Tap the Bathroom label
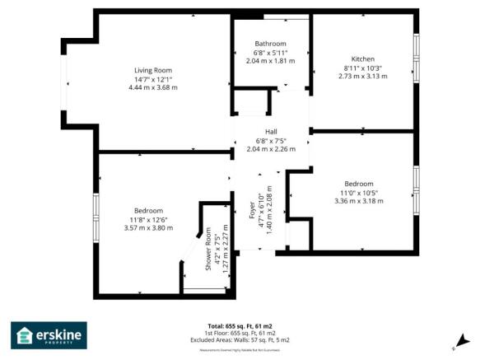pyautogui.click(x=270, y=44)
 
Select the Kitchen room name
pyautogui.click(x=363, y=59)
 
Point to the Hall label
pyautogui.click(x=271, y=132)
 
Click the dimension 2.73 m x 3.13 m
pyautogui.click(x=363, y=76)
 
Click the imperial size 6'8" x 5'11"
pyautogui.click(x=270, y=53)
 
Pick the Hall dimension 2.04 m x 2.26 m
pyautogui.click(x=271, y=149)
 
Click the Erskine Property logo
pyautogui.click(x=49, y=335)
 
